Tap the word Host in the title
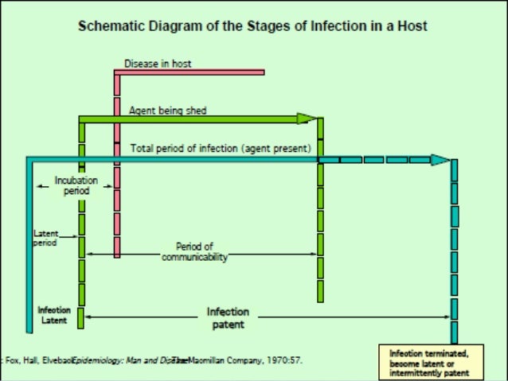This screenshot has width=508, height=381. [412, 26]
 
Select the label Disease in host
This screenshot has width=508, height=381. [158, 64]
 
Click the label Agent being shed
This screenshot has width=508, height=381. [167, 111]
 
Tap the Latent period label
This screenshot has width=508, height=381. [45, 239]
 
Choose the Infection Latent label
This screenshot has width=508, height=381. [53, 314]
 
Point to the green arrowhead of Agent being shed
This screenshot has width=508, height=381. [307, 119]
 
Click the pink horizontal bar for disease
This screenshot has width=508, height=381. [191, 72]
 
